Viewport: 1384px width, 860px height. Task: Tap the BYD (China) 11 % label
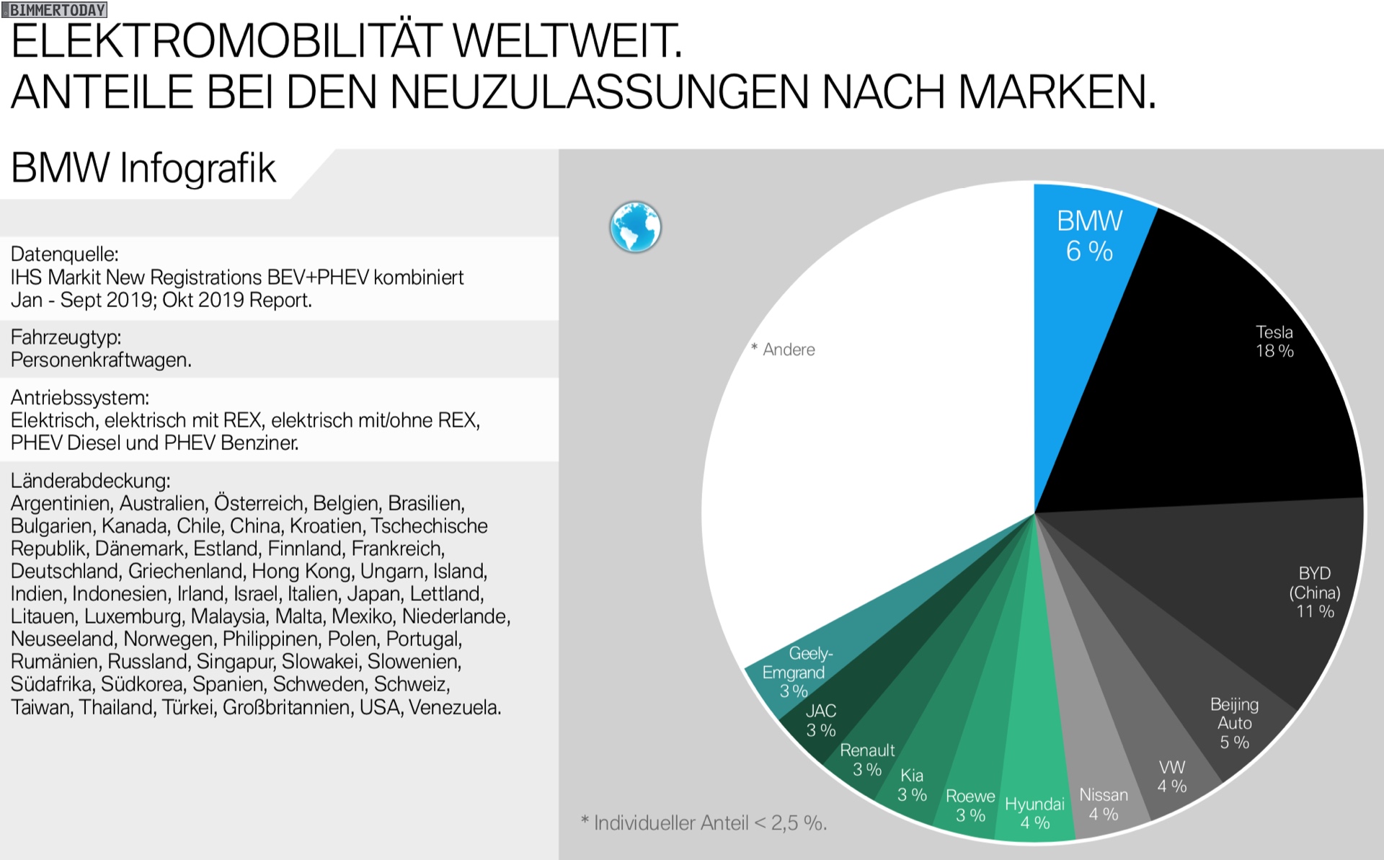[1315, 593]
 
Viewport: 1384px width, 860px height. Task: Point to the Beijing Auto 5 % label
[1234, 723]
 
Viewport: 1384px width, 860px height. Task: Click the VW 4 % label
[1172, 776]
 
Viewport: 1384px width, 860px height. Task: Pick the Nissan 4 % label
[1104, 804]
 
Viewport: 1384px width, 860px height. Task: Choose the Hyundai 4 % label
[1034, 813]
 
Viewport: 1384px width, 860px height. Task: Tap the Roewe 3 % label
[970, 805]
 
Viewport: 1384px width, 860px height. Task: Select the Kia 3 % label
[912, 785]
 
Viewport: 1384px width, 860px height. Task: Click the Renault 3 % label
[867, 760]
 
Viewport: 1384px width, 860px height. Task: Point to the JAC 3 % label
[821, 720]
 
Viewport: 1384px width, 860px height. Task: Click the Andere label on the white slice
[788, 350]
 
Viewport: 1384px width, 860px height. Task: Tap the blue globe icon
[635, 226]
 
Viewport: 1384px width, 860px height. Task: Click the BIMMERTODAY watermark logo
[56, 9]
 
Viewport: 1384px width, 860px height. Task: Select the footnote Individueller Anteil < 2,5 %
[704, 823]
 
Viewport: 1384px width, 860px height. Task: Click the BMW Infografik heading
[143, 169]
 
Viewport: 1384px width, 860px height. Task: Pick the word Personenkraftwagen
[101, 360]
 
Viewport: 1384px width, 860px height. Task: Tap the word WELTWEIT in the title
[567, 41]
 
